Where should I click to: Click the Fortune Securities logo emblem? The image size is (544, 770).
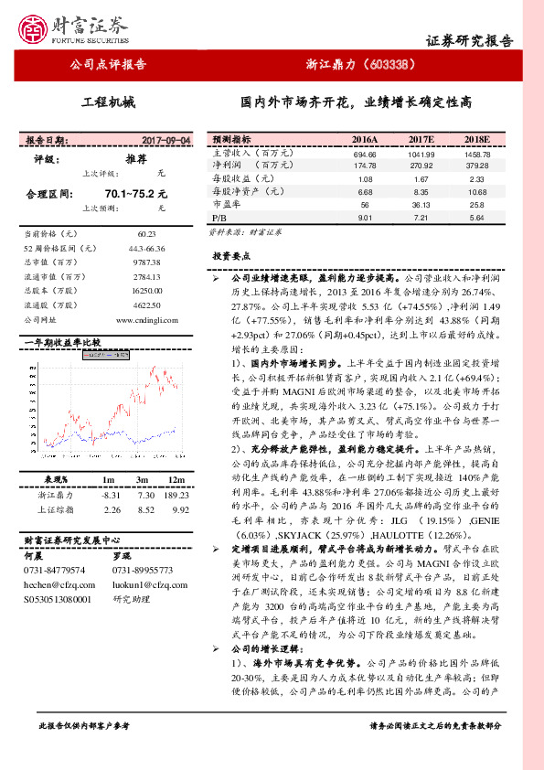[x=37, y=28]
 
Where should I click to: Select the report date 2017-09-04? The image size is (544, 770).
[x=167, y=141]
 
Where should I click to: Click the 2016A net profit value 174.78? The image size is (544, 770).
[x=365, y=166]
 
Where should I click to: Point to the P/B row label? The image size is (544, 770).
[x=219, y=219]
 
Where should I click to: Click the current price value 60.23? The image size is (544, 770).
[x=147, y=234]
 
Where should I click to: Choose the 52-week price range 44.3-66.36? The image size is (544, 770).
[x=147, y=248]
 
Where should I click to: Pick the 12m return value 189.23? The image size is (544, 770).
[x=176, y=494]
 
